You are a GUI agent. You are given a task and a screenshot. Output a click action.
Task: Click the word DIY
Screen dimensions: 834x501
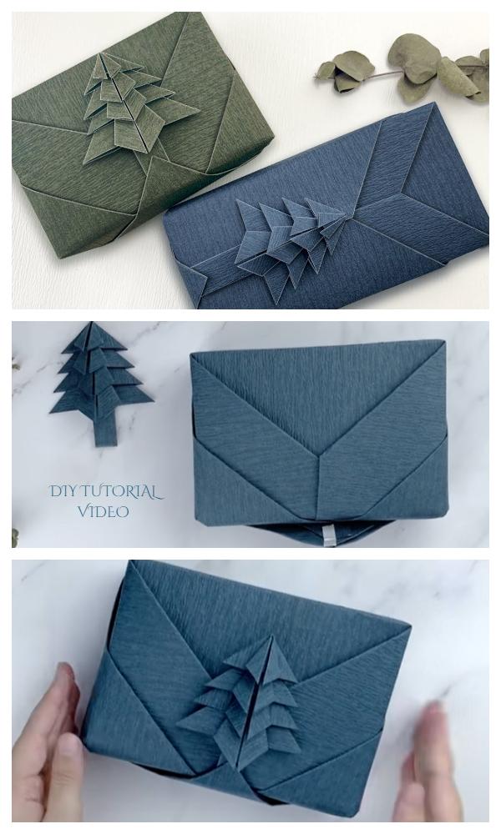tap(63, 491)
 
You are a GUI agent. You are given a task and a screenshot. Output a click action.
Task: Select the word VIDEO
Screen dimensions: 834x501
tap(104, 511)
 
